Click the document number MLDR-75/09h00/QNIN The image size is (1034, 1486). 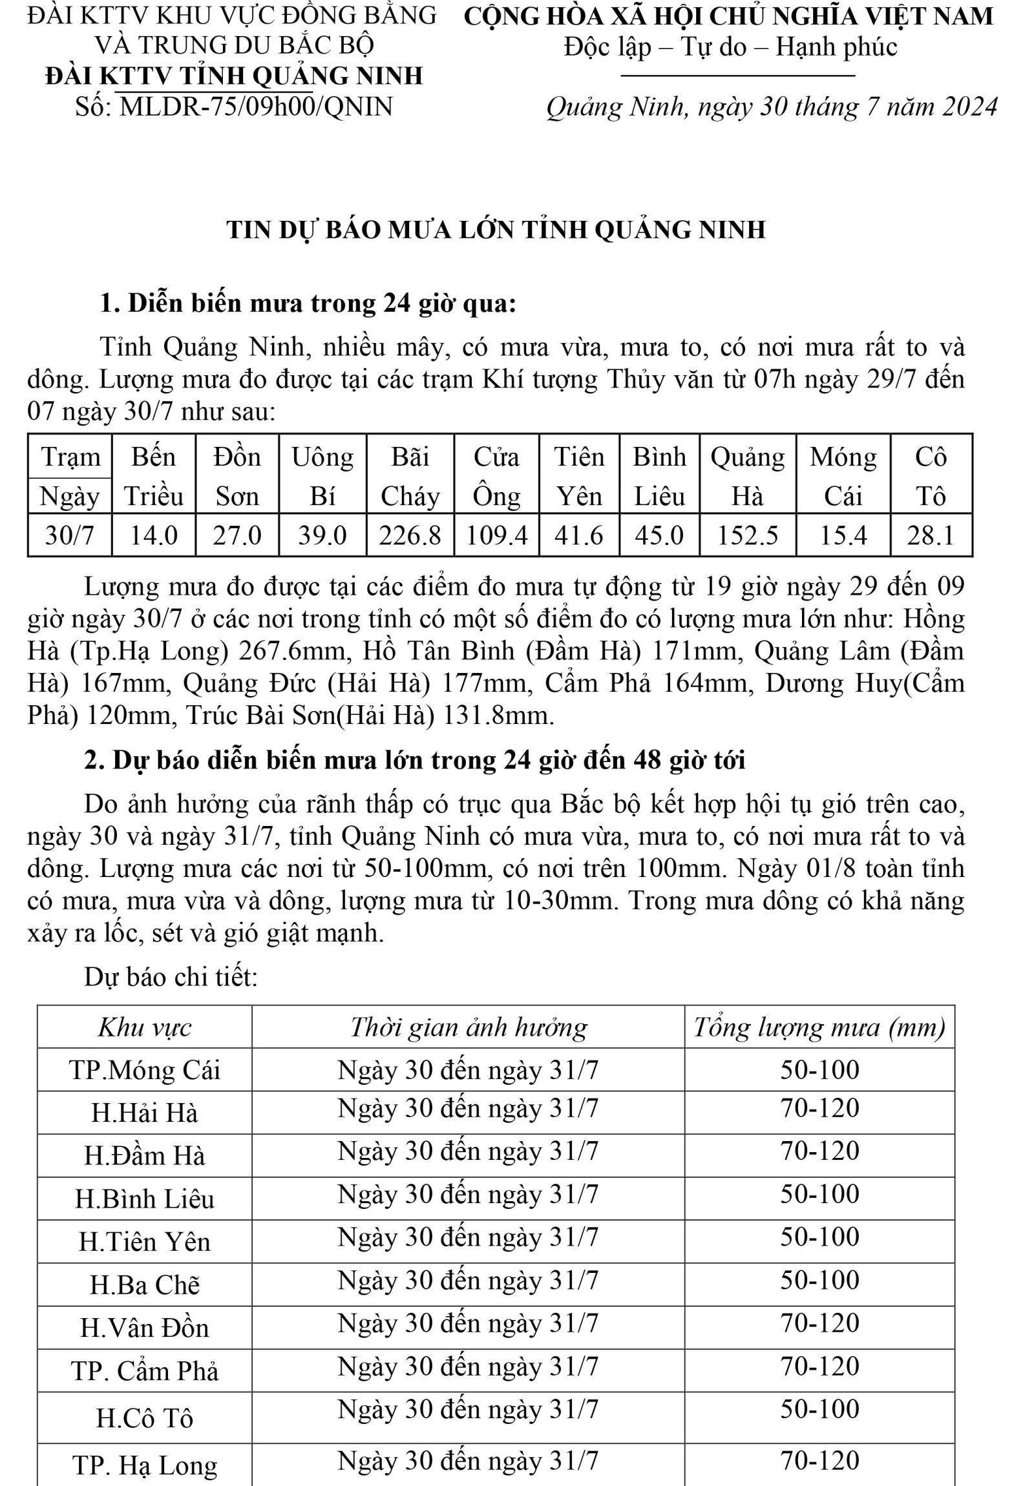257,107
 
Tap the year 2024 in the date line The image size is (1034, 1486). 969,107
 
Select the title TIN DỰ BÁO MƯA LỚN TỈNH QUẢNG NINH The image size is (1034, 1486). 496,230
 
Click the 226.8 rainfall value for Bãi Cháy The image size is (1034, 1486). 410,536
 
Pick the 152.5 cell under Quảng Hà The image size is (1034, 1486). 747,536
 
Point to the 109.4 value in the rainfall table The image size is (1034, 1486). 496,536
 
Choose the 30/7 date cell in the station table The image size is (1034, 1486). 69,536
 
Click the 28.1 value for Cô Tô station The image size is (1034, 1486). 931,536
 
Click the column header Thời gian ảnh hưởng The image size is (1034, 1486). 468,1027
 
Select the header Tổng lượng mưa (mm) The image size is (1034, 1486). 819,1027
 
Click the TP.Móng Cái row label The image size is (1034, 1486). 144,1071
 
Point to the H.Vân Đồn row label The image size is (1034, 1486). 144,1328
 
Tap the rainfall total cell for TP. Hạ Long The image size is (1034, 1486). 819,1461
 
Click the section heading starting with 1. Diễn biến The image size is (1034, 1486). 308,303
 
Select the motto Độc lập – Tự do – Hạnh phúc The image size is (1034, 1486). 730,47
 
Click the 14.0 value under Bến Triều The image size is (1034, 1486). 153,536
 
